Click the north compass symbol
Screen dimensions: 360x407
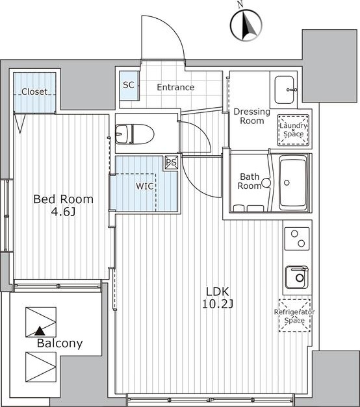click(x=246, y=25)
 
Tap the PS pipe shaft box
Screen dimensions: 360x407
click(x=172, y=163)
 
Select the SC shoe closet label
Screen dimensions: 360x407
click(x=129, y=84)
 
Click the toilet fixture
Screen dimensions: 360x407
click(x=135, y=134)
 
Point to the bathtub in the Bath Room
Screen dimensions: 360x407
click(x=292, y=182)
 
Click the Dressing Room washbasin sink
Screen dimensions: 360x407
click(x=285, y=90)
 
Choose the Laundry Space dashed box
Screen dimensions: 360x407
click(x=293, y=130)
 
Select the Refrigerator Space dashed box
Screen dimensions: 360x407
click(x=294, y=315)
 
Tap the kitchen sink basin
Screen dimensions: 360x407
click(x=296, y=277)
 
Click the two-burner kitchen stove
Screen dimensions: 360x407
click(x=297, y=239)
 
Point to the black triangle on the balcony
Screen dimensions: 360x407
click(x=40, y=331)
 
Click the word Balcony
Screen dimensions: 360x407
click(x=60, y=343)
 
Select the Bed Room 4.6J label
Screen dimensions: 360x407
click(x=64, y=205)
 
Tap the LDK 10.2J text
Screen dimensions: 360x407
click(x=217, y=297)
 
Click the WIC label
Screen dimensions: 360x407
click(x=144, y=186)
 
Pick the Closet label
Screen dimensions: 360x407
click(x=34, y=92)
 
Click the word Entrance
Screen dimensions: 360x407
click(x=175, y=87)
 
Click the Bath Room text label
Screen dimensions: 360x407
click(x=250, y=181)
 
